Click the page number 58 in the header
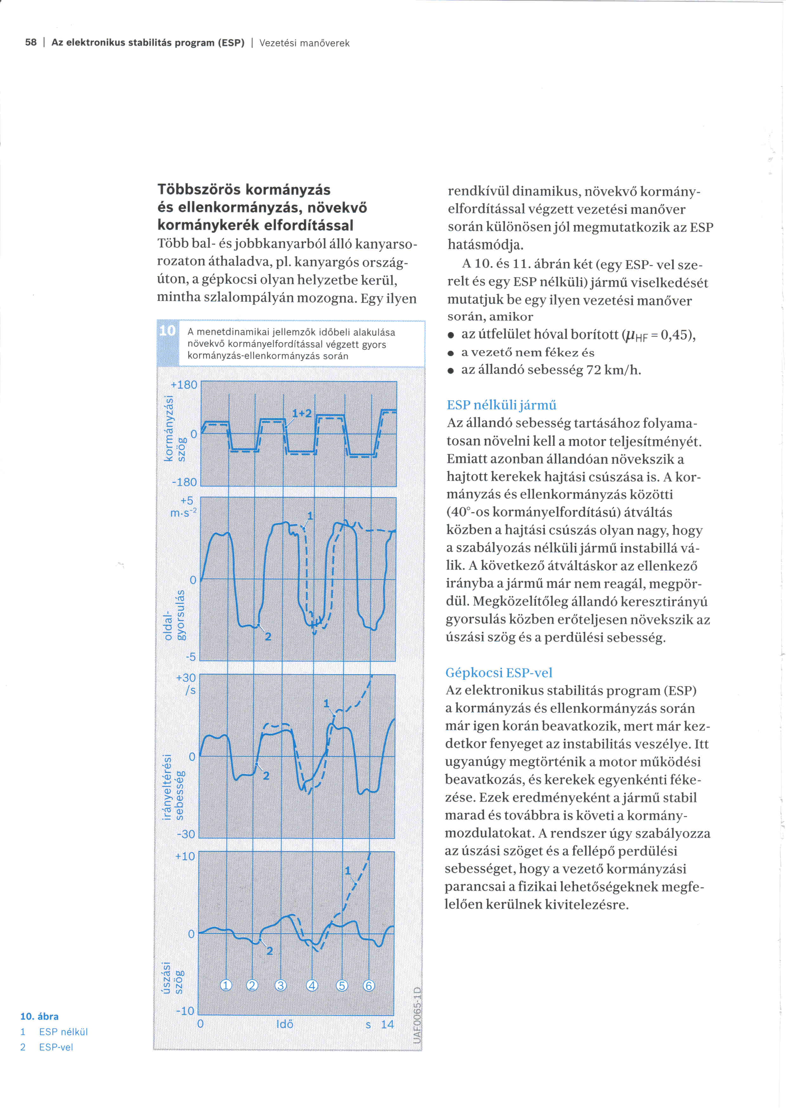coord(30,42)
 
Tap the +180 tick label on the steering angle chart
coord(184,385)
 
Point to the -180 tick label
coord(184,482)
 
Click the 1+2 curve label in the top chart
coord(301,413)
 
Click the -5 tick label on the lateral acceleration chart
coord(191,657)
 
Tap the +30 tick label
coord(186,677)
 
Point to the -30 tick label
coord(186,834)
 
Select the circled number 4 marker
coord(312,985)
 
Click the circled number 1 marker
coord(226,985)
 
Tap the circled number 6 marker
coord(369,985)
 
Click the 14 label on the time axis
coord(387,1025)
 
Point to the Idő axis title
coord(285,1025)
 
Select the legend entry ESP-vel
coord(56,1047)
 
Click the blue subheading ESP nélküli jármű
coord(501,405)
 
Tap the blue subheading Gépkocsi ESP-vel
coord(499,672)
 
